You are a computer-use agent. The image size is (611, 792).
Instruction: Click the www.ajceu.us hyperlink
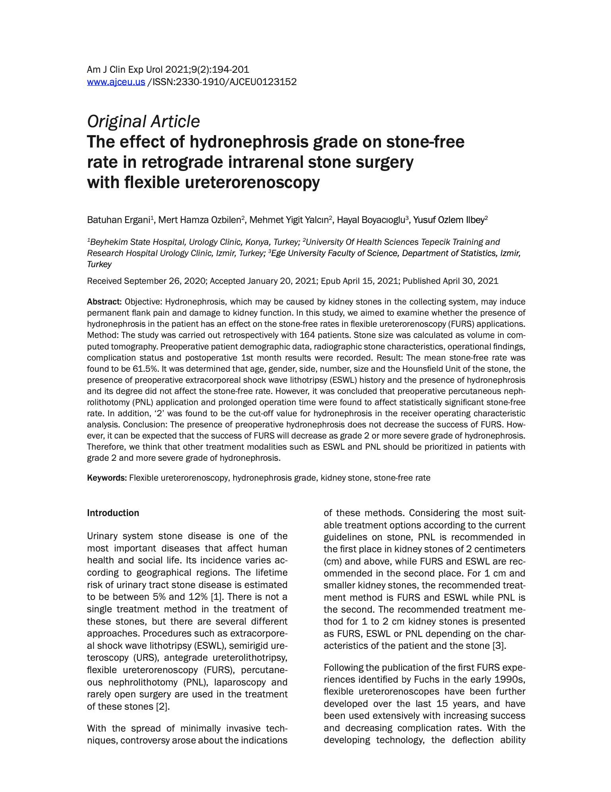pyautogui.click(x=116, y=82)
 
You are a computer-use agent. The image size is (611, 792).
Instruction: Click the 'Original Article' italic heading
pyautogui.click(x=143, y=121)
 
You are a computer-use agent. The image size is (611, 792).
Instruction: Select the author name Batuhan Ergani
pyautogui.click(x=118, y=220)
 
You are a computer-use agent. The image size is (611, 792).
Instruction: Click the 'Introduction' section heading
pyautogui.click(x=113, y=513)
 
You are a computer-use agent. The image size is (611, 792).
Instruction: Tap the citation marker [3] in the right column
pyautogui.click(x=499, y=645)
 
